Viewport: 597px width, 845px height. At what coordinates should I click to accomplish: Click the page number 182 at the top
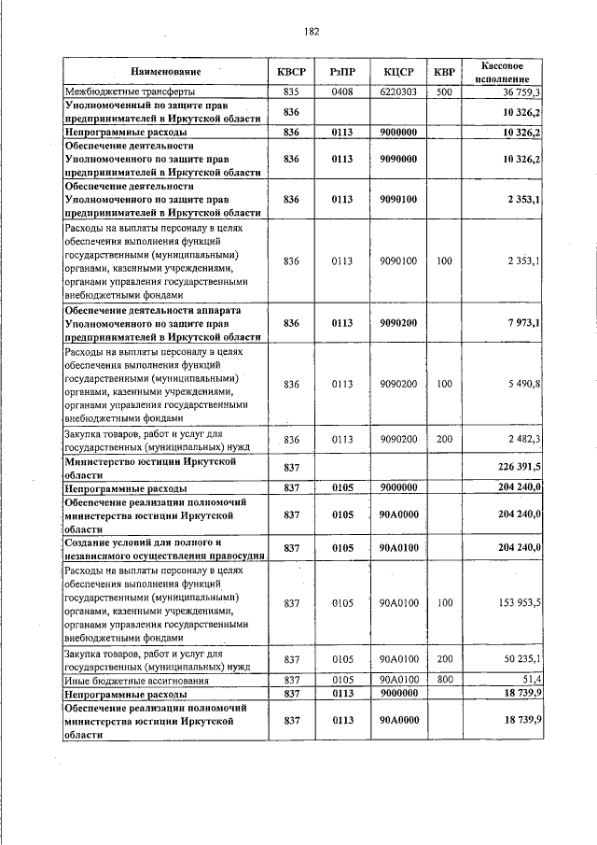point(312,31)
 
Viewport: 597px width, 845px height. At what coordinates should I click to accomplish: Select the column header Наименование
point(165,72)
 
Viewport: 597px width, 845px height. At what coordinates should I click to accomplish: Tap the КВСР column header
point(291,72)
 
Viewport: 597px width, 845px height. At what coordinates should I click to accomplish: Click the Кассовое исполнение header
point(507,72)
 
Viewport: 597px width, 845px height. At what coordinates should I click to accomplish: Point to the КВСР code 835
point(291,92)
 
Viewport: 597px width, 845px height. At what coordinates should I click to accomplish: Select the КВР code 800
point(444,679)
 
